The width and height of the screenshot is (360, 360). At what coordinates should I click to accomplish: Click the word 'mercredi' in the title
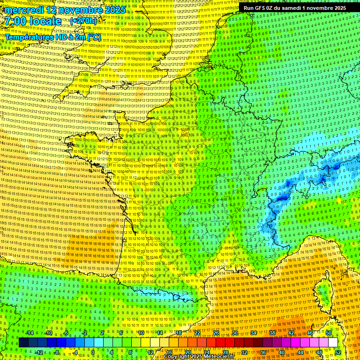[24, 10]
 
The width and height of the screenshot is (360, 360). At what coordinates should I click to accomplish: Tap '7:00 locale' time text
[33, 21]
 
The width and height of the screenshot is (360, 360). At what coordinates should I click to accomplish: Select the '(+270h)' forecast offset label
[83, 21]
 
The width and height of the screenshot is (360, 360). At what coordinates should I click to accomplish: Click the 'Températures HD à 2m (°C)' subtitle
[52, 37]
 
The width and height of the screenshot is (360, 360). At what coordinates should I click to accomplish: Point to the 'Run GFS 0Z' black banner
[294, 8]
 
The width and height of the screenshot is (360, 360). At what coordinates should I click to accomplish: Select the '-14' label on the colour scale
[30, 333]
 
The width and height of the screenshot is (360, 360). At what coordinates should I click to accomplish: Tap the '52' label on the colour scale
[338, 352]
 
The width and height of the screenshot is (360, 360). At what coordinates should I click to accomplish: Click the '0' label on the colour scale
[93, 352]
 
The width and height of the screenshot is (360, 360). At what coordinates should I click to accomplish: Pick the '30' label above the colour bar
[234, 333]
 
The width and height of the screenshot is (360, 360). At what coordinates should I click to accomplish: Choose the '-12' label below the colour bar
[39, 352]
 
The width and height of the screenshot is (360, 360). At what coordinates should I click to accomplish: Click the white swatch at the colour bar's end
[333, 343]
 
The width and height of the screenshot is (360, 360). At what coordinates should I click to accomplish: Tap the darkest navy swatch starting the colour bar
[23, 343]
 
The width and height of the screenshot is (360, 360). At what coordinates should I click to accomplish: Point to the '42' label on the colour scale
[291, 333]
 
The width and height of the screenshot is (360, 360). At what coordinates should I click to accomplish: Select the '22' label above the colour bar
[197, 333]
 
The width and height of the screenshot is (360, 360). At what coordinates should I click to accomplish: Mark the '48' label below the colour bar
[319, 352]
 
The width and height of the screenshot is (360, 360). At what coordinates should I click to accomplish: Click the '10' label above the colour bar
[141, 333]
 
